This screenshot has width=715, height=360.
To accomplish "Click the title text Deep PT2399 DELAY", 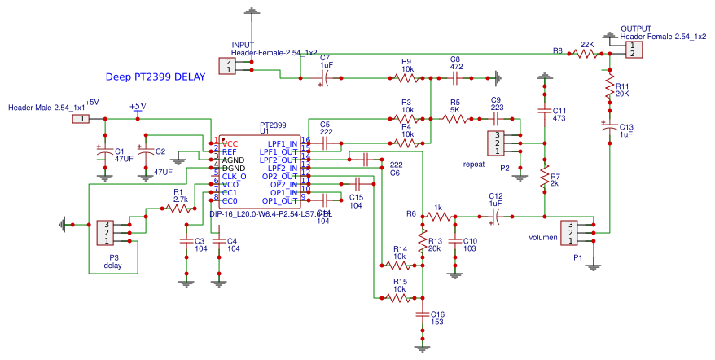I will [x=156, y=77].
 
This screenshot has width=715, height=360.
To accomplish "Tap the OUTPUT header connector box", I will [x=633, y=50].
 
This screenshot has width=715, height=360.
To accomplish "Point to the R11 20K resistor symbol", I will [x=608, y=86].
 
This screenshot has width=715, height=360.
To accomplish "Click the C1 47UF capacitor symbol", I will [x=104, y=152].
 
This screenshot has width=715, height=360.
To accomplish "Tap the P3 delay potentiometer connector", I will [x=105, y=231].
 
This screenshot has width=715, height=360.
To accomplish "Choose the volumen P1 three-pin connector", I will [x=571, y=232].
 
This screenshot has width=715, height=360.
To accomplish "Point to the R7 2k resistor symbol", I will [x=544, y=182].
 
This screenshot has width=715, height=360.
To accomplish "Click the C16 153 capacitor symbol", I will [x=422, y=313].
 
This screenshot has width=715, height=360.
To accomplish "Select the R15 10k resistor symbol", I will [x=398, y=298].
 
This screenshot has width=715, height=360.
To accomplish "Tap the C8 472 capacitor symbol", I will [x=456, y=78].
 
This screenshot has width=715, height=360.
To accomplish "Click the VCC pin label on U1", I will [x=230, y=144].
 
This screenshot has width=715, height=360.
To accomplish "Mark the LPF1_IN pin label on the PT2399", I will [x=283, y=144].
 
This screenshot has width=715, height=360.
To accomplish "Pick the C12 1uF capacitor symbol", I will [x=495, y=217].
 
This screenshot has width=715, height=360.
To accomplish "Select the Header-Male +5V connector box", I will [x=81, y=119].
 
